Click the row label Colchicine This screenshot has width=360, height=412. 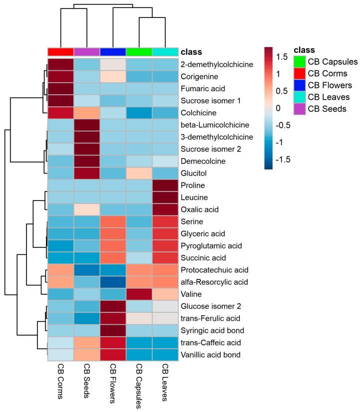(200, 113)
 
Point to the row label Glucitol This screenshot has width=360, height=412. (195, 173)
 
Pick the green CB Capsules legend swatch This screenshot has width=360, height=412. (300, 62)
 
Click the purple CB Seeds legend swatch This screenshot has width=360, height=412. (300, 109)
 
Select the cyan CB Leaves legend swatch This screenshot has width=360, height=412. (300, 97)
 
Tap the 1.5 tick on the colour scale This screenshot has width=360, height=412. (283, 57)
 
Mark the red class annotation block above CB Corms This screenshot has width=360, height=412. (60, 52)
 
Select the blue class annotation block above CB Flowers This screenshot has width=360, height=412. (113, 52)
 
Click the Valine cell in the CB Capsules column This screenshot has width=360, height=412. (139, 294)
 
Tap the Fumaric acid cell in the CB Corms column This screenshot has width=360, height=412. (60, 89)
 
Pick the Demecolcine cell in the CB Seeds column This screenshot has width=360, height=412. (87, 161)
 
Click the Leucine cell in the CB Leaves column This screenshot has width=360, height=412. (165, 197)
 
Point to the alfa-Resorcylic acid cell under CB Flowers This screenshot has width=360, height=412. (113, 282)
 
